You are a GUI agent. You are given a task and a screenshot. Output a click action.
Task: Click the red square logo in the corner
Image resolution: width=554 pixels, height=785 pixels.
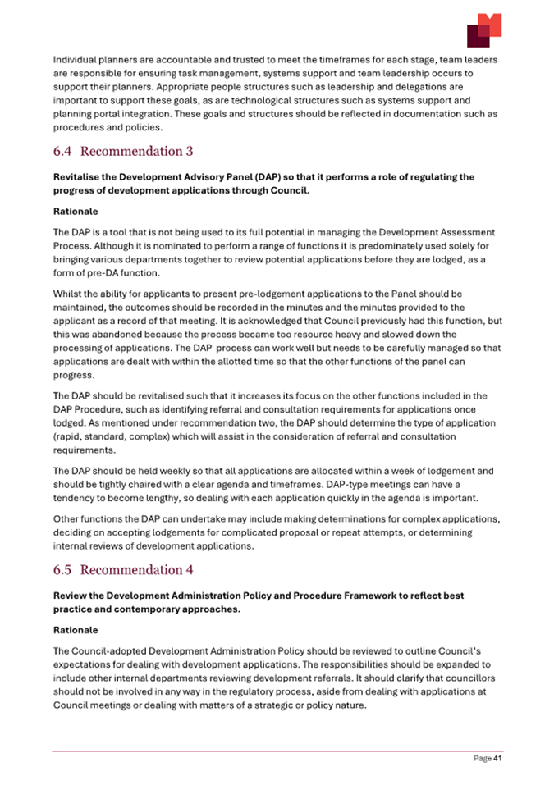483,30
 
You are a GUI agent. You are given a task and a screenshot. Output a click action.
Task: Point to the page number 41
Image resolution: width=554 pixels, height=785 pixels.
497,759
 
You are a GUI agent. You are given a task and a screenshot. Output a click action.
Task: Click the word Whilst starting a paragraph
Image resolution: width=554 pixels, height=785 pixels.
67,293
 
